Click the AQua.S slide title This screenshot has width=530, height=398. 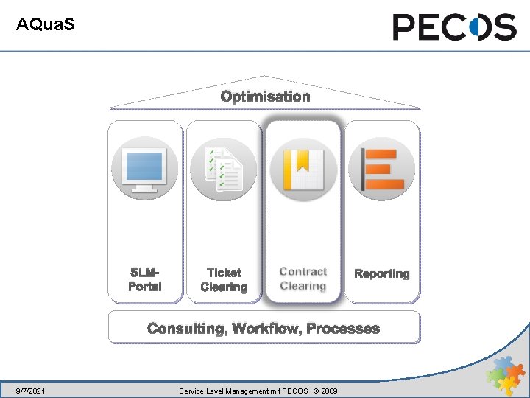[x=45, y=25]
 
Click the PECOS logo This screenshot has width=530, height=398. [x=454, y=27]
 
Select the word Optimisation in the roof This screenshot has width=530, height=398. [x=265, y=97]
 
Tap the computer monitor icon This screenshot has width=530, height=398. [x=144, y=169]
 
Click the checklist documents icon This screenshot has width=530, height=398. [x=223, y=169]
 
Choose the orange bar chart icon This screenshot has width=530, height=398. [x=381, y=169]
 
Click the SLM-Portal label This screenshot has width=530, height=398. [x=144, y=279]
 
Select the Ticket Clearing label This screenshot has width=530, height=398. [x=224, y=280]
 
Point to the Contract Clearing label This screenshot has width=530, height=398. [x=303, y=279]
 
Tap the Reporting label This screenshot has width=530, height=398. [x=381, y=273]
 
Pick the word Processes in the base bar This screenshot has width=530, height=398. [x=343, y=329]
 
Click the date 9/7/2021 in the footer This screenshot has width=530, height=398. [x=31, y=390]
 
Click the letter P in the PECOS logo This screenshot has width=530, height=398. [x=406, y=27]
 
